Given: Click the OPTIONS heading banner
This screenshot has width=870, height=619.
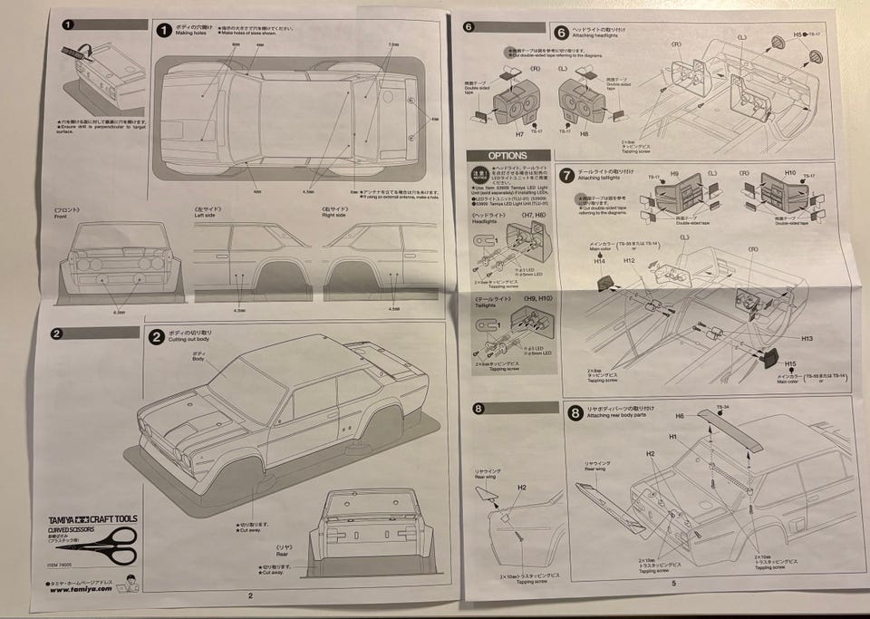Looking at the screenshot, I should [x=508, y=155].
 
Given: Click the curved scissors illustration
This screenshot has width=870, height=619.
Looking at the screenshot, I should [x=95, y=542].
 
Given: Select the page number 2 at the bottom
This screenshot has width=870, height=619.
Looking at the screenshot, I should [x=250, y=595].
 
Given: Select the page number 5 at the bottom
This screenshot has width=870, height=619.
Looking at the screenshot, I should [x=673, y=583].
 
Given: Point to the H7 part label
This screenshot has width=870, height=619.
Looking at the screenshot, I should [x=519, y=133].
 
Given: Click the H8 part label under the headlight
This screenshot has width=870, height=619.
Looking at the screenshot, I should [x=583, y=133].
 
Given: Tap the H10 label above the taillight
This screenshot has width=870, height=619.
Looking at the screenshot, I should [x=788, y=172].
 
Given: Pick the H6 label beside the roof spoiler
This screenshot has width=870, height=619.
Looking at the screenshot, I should [x=680, y=415].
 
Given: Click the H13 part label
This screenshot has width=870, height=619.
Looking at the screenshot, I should [x=780, y=338].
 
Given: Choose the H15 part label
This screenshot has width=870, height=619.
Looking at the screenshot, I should [x=790, y=363].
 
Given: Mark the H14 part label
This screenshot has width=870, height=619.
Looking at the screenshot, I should [x=599, y=261].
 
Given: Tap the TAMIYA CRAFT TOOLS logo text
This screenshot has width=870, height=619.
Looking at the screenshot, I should [x=92, y=519].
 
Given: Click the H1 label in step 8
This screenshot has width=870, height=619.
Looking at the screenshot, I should [x=673, y=436].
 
